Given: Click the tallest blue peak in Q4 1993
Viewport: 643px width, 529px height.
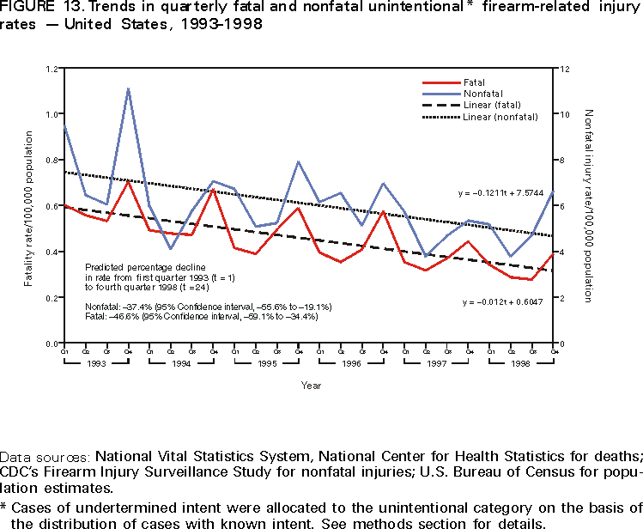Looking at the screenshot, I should pyautogui.click(x=128, y=88).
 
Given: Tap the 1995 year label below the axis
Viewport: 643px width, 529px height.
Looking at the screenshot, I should pyautogui.click(x=266, y=363).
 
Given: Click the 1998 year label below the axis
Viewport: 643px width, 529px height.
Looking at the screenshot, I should pyautogui.click(x=521, y=363).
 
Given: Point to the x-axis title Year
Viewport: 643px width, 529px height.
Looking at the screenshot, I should pyautogui.click(x=311, y=386).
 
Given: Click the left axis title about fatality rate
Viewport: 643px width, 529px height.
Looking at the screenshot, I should pyautogui.click(x=29, y=206).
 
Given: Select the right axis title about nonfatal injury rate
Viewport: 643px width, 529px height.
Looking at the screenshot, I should pyautogui.click(x=590, y=205).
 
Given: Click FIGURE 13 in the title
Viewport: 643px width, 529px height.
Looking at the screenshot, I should pyautogui.click(x=33, y=9).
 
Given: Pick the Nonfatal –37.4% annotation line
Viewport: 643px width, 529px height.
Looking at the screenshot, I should pyautogui.click(x=208, y=306).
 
